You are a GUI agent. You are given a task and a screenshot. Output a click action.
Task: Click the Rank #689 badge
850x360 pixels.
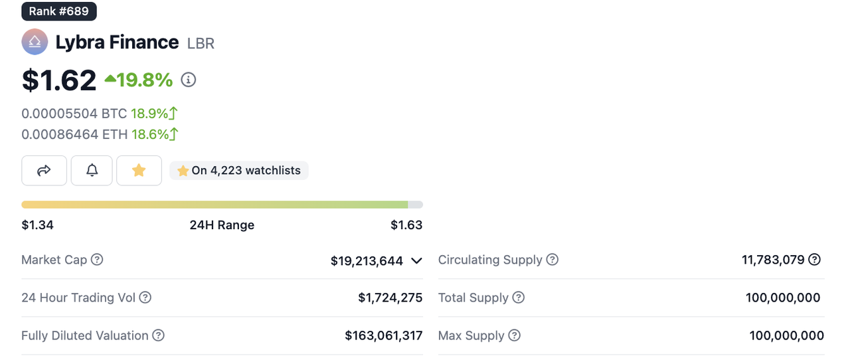click(59, 11)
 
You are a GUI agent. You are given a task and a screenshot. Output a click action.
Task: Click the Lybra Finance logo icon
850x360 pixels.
click(35, 43)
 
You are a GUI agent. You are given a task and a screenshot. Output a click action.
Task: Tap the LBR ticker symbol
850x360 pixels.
click(201, 44)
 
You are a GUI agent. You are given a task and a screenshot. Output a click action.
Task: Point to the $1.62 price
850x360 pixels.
click(59, 80)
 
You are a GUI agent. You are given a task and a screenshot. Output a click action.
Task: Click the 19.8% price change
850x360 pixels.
click(139, 80)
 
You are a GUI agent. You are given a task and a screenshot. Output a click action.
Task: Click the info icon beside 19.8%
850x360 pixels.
click(189, 80)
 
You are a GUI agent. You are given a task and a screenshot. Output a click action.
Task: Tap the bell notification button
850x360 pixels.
click(92, 171)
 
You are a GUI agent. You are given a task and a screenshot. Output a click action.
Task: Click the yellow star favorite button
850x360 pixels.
click(139, 171)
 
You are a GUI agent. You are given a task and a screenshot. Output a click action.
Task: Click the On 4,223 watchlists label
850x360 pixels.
click(239, 171)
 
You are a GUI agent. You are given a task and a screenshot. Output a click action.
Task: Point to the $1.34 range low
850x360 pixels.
click(38, 225)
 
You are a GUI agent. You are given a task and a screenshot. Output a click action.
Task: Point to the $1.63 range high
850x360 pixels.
click(406, 225)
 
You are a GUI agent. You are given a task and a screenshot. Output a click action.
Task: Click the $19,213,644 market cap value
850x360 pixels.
click(367, 261)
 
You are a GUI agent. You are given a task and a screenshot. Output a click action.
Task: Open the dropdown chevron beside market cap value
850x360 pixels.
click(416, 261)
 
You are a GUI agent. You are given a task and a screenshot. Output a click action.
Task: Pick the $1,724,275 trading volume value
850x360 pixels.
click(390, 298)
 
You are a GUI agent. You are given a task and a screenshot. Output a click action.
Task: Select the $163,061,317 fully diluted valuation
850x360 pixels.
click(384, 335)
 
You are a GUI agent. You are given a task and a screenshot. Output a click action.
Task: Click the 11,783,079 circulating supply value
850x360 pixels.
click(773, 260)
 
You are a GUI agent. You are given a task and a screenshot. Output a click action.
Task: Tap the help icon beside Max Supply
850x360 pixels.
click(514, 335)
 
